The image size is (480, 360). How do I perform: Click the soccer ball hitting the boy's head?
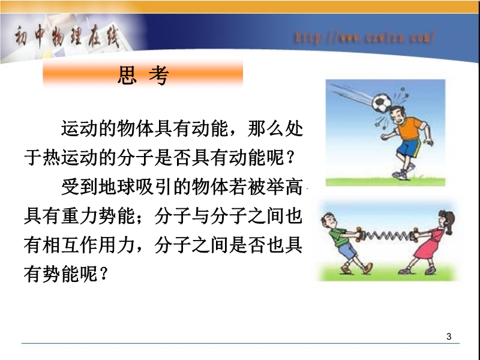(382, 102)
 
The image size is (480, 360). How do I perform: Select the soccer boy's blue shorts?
(409, 148)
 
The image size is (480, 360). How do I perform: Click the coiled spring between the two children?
(387, 236)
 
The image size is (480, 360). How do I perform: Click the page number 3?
(449, 337)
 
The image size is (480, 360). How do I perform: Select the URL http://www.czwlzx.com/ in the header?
(365, 37)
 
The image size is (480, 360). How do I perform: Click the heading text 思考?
(143, 75)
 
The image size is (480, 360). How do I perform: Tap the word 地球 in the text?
(116, 187)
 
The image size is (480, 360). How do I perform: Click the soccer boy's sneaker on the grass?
(400, 175)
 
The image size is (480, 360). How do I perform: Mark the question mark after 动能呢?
(291, 157)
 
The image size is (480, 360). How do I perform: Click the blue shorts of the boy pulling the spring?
(347, 251)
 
